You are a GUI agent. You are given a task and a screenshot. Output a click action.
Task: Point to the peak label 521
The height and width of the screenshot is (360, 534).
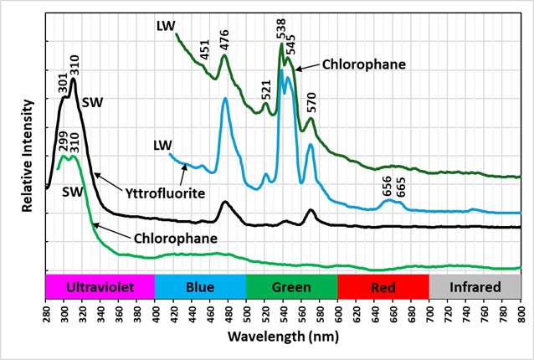[266, 89]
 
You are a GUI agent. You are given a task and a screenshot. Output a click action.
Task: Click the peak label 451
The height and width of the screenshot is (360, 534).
[205, 51]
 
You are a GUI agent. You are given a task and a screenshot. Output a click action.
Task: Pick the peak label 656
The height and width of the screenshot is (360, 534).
[388, 186]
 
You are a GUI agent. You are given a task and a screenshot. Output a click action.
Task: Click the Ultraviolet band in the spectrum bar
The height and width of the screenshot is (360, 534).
[100, 287]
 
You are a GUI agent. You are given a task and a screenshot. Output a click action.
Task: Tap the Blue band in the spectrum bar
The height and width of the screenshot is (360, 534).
[200, 287]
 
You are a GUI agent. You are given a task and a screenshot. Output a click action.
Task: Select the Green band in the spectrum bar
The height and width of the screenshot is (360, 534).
[291, 287]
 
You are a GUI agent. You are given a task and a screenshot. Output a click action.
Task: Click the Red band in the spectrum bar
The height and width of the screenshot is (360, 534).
[383, 287]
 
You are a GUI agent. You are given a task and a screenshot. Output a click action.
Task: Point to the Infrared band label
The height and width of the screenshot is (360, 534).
[475, 287]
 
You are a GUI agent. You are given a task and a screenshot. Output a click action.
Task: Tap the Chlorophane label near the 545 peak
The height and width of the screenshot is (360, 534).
[363, 64]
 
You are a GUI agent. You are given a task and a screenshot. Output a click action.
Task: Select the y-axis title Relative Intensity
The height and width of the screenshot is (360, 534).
[28, 157]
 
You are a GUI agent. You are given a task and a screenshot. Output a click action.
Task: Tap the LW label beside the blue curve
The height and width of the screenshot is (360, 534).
[162, 146]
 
